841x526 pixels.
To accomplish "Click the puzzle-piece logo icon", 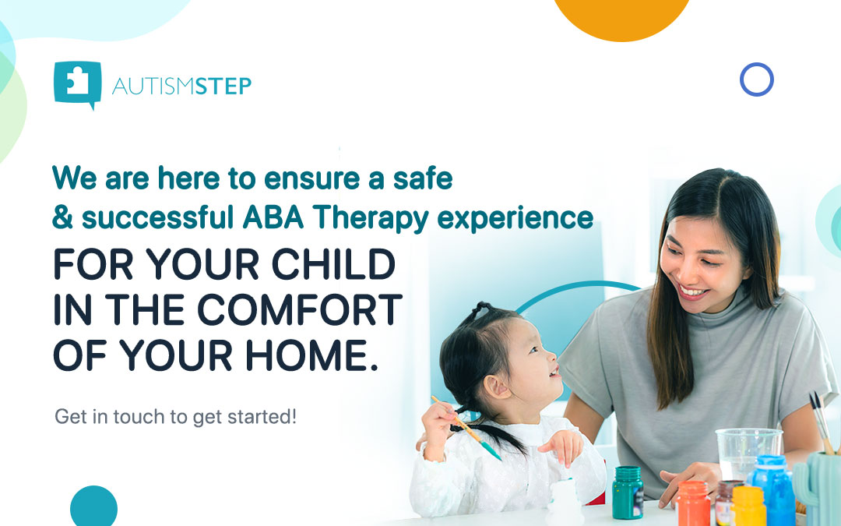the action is pyautogui.click(x=78, y=83).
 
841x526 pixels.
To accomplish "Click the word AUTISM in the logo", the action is pyautogui.click(x=153, y=86).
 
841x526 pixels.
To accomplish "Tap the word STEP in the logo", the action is pyautogui.click(x=223, y=86).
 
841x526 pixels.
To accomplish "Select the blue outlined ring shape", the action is pyautogui.click(x=757, y=79).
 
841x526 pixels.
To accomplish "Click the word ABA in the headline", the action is pyautogui.click(x=273, y=217).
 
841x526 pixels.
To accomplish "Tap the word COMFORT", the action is pyautogui.click(x=300, y=309).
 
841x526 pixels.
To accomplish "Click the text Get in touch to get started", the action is pyautogui.click(x=175, y=416).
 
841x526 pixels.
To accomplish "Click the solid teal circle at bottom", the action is pyautogui.click(x=94, y=507).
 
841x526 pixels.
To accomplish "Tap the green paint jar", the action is pyautogui.click(x=628, y=492).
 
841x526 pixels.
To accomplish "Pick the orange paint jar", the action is pyautogui.click(x=692, y=503).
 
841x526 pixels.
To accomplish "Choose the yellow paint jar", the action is pyautogui.click(x=748, y=506).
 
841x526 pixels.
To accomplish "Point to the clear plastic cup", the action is pyautogui.click(x=748, y=454).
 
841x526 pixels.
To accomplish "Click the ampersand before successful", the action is pyautogui.click(x=63, y=217).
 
